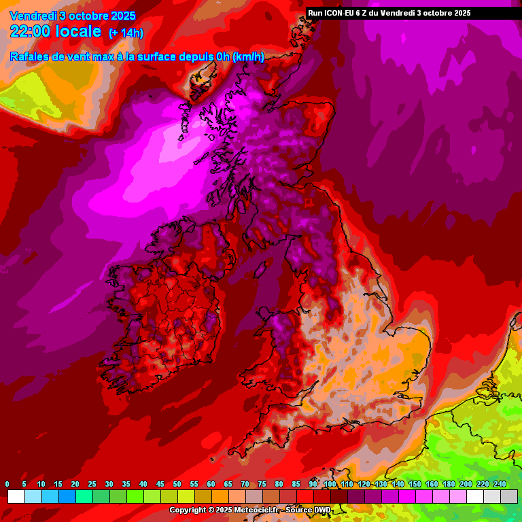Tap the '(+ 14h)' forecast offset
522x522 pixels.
126,33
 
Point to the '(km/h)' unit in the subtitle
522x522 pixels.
248,57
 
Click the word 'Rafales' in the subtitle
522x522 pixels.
30,57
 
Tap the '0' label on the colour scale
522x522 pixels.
7,484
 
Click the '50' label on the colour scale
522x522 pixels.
177,484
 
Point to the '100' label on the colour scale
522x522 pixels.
330,484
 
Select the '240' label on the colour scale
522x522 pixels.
500,484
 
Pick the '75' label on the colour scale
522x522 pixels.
262,484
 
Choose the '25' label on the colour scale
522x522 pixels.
92,484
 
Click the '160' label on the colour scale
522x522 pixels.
432,484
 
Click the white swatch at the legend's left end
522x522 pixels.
16,497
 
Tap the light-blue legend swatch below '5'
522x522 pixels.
33,497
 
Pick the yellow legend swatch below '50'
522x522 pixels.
186,497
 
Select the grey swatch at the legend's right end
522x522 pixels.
509,497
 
